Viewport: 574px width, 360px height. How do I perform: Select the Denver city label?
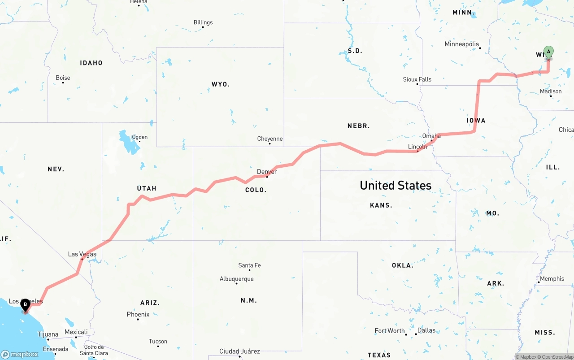(x=267, y=172)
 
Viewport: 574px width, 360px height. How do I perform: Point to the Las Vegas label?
(x=82, y=254)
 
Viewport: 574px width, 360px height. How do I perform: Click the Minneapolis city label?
(x=462, y=44)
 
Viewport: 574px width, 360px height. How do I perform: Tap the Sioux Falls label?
(x=417, y=79)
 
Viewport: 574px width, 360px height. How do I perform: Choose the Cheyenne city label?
(x=270, y=139)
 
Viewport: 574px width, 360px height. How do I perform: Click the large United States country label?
(x=396, y=185)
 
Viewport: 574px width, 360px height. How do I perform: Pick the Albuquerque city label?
(x=236, y=279)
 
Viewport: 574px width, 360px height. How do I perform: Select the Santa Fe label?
(x=249, y=265)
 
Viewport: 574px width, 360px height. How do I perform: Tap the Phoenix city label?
(x=138, y=314)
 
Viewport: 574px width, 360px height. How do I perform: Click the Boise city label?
(x=63, y=78)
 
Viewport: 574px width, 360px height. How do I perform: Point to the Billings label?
(x=203, y=22)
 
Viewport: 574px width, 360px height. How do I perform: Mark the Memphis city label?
(x=552, y=278)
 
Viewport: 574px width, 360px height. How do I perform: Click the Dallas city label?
(x=426, y=330)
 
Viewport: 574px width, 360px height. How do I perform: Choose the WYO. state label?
(x=221, y=84)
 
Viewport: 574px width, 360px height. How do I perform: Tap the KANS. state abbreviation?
(x=381, y=205)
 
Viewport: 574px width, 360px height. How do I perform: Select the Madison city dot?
(x=551, y=96)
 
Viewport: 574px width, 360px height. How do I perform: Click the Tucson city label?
(x=158, y=341)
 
